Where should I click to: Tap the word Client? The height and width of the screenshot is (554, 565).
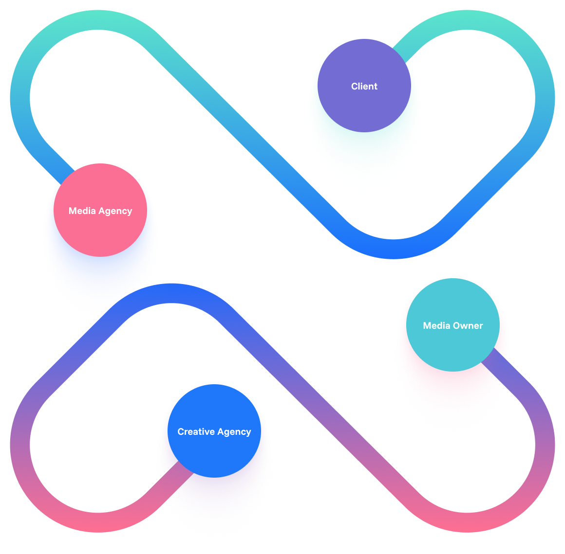pyautogui.click(x=364, y=87)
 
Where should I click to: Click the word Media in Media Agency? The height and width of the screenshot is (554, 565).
pyautogui.click(x=82, y=211)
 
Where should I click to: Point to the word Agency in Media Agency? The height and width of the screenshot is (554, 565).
pyautogui.click(x=115, y=212)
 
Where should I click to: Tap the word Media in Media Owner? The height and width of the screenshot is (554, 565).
pyautogui.click(x=436, y=326)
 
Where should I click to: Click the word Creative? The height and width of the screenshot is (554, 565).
pyautogui.click(x=195, y=432)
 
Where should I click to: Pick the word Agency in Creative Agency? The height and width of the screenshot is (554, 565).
pyautogui.click(x=235, y=432)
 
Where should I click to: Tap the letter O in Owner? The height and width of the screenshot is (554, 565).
pyautogui.click(x=457, y=326)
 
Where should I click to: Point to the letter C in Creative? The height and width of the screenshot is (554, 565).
pyautogui.click(x=181, y=432)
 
